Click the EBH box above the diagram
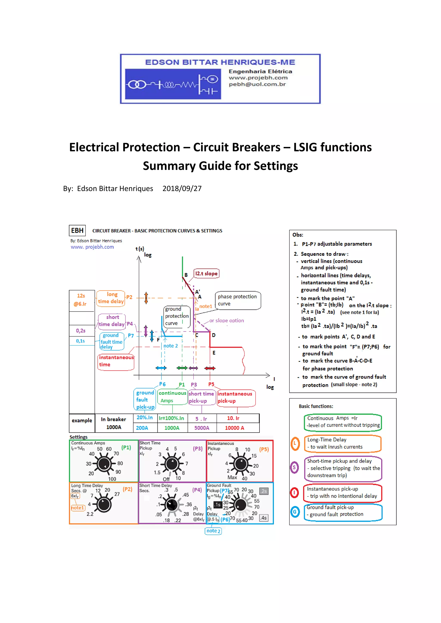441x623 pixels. [x=77, y=230]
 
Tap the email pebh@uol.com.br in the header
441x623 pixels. [x=257, y=84]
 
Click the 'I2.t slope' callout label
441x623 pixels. [x=206, y=273]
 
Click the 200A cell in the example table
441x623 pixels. [x=142, y=428]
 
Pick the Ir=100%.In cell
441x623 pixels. [x=171, y=418]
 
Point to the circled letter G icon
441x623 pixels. [x=295, y=512]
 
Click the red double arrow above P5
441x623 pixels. [x=210, y=368]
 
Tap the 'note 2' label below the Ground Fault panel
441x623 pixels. [x=213, y=531]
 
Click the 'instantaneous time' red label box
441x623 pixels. [x=116, y=361]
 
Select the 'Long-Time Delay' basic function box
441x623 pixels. [x=343, y=443]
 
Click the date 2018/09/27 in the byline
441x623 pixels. [x=182, y=189]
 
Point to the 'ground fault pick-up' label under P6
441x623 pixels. [x=145, y=400]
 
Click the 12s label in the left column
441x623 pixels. [x=81, y=296]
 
